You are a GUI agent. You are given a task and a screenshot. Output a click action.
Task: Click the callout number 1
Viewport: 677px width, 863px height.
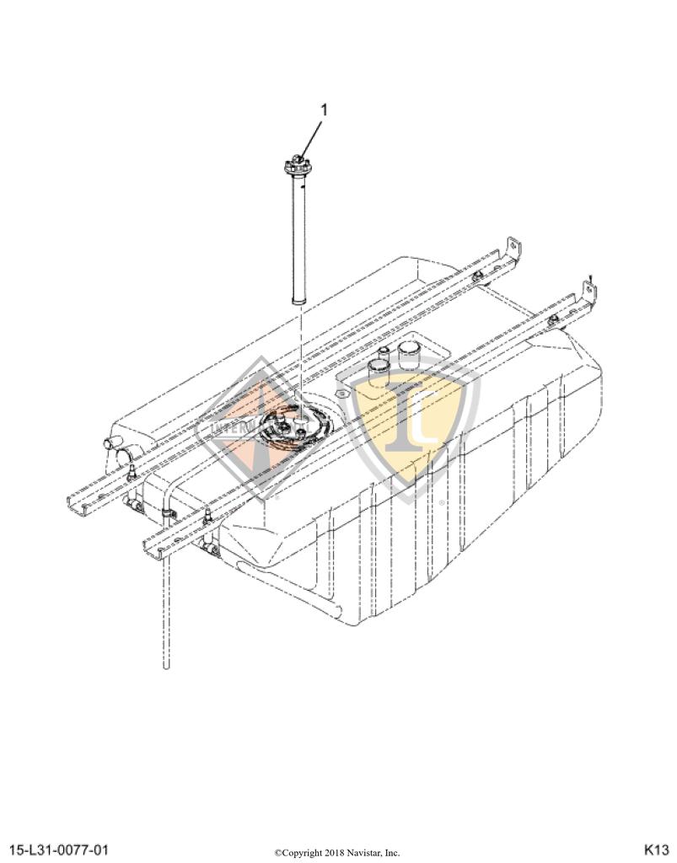click(325, 110)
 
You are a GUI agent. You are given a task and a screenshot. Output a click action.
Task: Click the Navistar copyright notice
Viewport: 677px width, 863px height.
click(337, 853)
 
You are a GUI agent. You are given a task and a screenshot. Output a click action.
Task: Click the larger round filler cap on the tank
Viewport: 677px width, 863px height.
click(410, 355)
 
